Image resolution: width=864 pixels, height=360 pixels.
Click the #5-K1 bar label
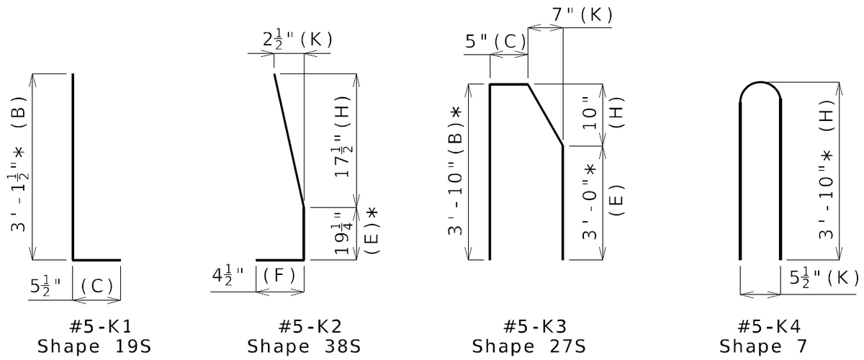(x=101, y=326)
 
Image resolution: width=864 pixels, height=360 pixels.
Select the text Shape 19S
(x=94, y=346)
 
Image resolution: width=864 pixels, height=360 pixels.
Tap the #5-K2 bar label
(x=310, y=326)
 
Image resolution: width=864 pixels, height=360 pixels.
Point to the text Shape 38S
(x=304, y=346)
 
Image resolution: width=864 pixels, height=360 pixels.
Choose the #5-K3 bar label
(x=535, y=326)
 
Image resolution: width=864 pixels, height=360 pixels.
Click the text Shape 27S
(x=528, y=346)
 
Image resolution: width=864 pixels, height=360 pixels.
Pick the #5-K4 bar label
(x=769, y=326)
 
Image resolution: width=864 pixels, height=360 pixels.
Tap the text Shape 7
(x=763, y=346)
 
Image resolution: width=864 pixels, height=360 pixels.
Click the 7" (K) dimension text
(x=582, y=14)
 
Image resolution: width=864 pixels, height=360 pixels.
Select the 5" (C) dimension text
(x=495, y=41)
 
